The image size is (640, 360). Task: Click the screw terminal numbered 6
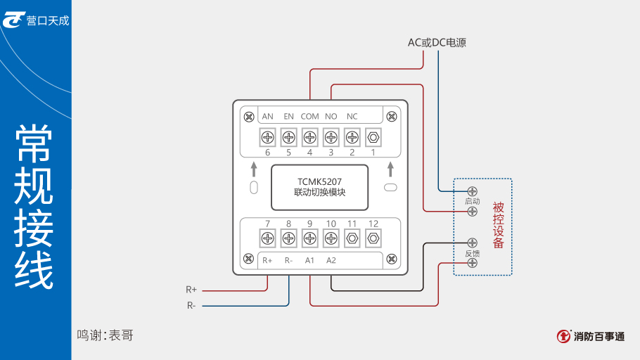click(267, 136)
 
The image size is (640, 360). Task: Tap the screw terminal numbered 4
click(309, 136)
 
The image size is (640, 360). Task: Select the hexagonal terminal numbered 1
click(373, 136)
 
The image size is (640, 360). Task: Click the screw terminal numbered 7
click(267, 238)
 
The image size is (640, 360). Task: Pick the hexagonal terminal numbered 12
click(373, 238)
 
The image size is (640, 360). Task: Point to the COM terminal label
click(309, 116)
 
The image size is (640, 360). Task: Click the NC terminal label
click(352, 116)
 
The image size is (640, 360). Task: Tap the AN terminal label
click(267, 116)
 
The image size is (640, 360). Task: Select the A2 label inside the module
click(331, 260)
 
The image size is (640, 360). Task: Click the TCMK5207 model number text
click(319, 181)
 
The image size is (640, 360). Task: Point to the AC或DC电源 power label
click(437, 43)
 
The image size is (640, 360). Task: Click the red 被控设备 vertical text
click(499, 226)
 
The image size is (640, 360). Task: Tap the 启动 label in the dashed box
click(472, 201)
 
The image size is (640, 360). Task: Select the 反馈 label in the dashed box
click(472, 253)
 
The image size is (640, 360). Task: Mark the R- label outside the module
click(191, 305)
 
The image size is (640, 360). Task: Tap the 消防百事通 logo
click(590, 337)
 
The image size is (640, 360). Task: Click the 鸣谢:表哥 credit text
click(105, 335)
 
